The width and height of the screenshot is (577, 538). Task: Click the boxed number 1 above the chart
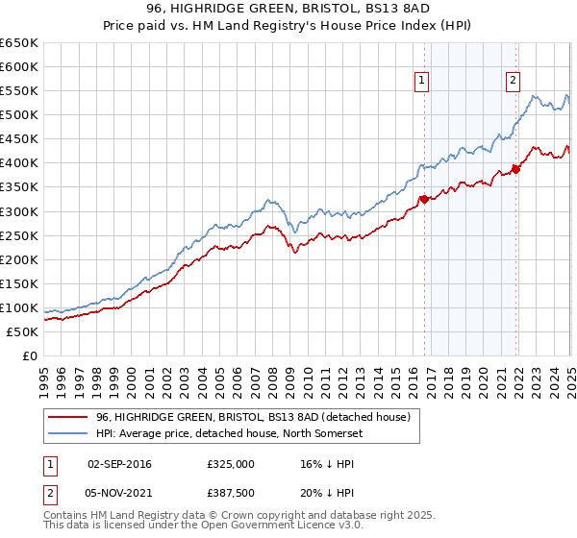click(x=423, y=81)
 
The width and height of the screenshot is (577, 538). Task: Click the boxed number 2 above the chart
click(x=513, y=81)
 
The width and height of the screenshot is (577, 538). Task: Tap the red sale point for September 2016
click(x=424, y=200)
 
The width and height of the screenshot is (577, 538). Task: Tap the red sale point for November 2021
click(x=516, y=169)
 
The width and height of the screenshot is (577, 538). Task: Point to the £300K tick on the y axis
click(x=20, y=211)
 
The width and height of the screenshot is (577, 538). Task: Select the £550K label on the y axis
click(x=20, y=91)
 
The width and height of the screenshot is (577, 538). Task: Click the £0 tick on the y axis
click(x=31, y=355)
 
